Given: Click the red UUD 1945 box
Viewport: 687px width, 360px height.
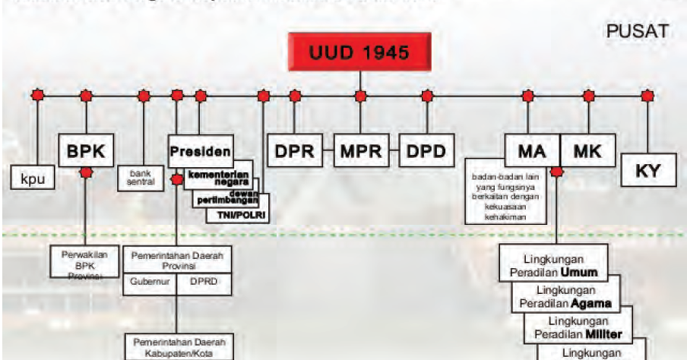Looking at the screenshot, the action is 360,53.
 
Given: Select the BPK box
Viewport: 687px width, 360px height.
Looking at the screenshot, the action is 86,150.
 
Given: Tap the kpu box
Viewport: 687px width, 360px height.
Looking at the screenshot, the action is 30,178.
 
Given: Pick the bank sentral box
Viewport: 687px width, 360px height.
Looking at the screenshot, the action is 141,179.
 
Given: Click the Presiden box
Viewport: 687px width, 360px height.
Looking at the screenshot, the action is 200,151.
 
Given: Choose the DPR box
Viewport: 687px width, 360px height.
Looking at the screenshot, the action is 295,150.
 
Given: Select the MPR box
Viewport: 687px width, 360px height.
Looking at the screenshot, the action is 360,150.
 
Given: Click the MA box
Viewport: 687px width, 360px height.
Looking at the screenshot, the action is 532,150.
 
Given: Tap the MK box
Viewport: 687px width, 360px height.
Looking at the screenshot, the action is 587,150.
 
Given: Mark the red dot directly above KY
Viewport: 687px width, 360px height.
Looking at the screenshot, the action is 647,96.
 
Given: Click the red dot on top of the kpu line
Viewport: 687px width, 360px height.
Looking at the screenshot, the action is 37,96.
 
